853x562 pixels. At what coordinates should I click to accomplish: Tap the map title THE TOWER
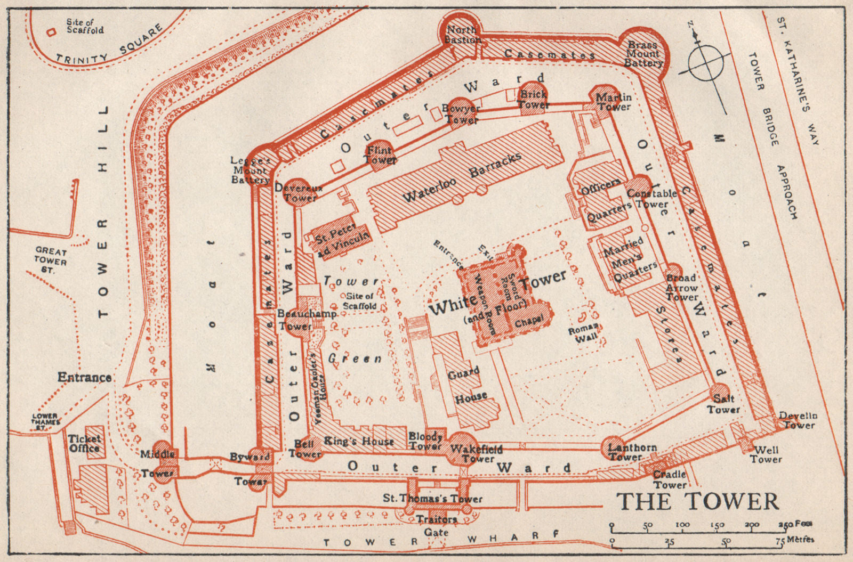pos(697,501)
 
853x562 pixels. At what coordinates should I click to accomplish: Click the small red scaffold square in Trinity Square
pos(51,32)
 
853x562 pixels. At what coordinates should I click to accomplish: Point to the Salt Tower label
pos(723,404)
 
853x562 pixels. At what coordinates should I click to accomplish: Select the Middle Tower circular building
pos(162,462)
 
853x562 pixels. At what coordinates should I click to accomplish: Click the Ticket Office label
pos(84,443)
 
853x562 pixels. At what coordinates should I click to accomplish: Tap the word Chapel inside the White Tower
pos(529,320)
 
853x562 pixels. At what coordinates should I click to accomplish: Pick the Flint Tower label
pos(380,154)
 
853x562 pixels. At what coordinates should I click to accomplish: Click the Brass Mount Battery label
pos(643,54)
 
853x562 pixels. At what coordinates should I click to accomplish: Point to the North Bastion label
pos(462,35)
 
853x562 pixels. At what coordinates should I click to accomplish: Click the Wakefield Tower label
pos(476,453)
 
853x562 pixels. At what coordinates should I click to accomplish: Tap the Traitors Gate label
pos(437,525)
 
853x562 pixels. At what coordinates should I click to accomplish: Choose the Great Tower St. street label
pos(51,260)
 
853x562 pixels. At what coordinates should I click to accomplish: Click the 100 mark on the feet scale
pos(682,525)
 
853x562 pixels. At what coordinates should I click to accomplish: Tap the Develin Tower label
pos(798,420)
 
